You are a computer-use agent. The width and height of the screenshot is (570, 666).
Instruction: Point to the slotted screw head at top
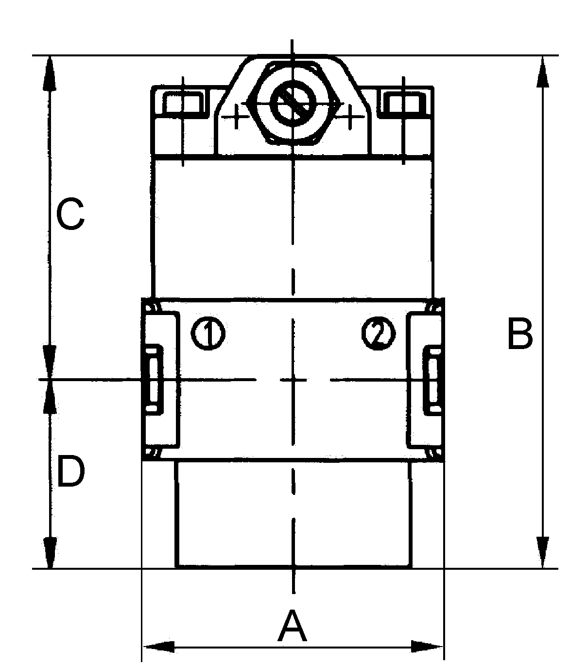point(293,103)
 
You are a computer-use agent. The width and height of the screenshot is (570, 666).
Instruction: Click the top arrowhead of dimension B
point(543,71)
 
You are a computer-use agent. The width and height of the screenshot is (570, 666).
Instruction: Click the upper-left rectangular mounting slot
point(184,103)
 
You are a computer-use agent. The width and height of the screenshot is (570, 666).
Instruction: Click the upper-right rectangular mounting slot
point(403,103)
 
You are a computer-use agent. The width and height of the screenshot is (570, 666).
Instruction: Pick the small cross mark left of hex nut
point(236,116)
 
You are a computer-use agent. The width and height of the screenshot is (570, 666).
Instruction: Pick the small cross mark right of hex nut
point(350,116)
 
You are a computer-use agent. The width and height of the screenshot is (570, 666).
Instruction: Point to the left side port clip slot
point(154,380)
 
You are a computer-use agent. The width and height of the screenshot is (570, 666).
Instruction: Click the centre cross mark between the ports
point(293,380)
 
